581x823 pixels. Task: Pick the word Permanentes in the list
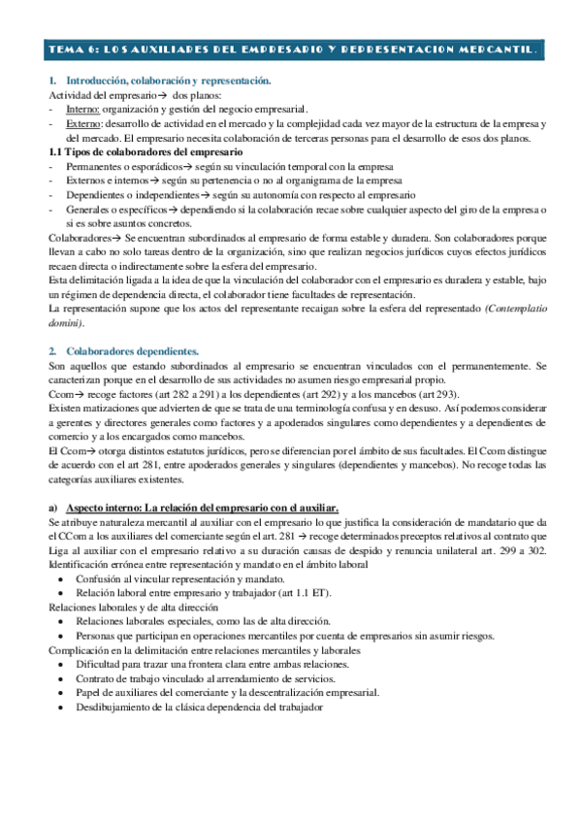coord(95,167)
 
